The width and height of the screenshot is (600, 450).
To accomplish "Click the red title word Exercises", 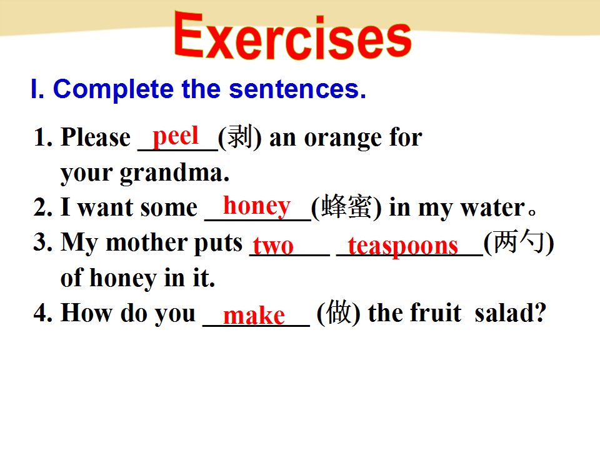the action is [x=292, y=36].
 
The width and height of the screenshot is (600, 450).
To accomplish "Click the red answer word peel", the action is [x=176, y=137].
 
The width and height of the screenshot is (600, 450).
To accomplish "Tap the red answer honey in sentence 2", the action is [x=257, y=207].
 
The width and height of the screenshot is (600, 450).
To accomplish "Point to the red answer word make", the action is [x=254, y=316].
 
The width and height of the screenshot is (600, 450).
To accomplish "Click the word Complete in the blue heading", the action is [x=114, y=90].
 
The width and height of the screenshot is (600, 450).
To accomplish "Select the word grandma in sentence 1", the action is [x=174, y=173].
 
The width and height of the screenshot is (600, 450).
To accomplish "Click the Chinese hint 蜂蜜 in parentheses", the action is [x=346, y=207].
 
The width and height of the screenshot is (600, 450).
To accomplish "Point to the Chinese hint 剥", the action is [x=240, y=137].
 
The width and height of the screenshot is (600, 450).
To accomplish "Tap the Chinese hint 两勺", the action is [x=519, y=242].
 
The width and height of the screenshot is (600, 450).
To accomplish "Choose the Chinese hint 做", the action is [x=339, y=312].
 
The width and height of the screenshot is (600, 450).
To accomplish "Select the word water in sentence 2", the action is [x=493, y=208].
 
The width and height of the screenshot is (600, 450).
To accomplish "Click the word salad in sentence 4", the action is [x=506, y=312].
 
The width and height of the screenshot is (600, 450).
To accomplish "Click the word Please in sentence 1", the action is [x=96, y=137].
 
